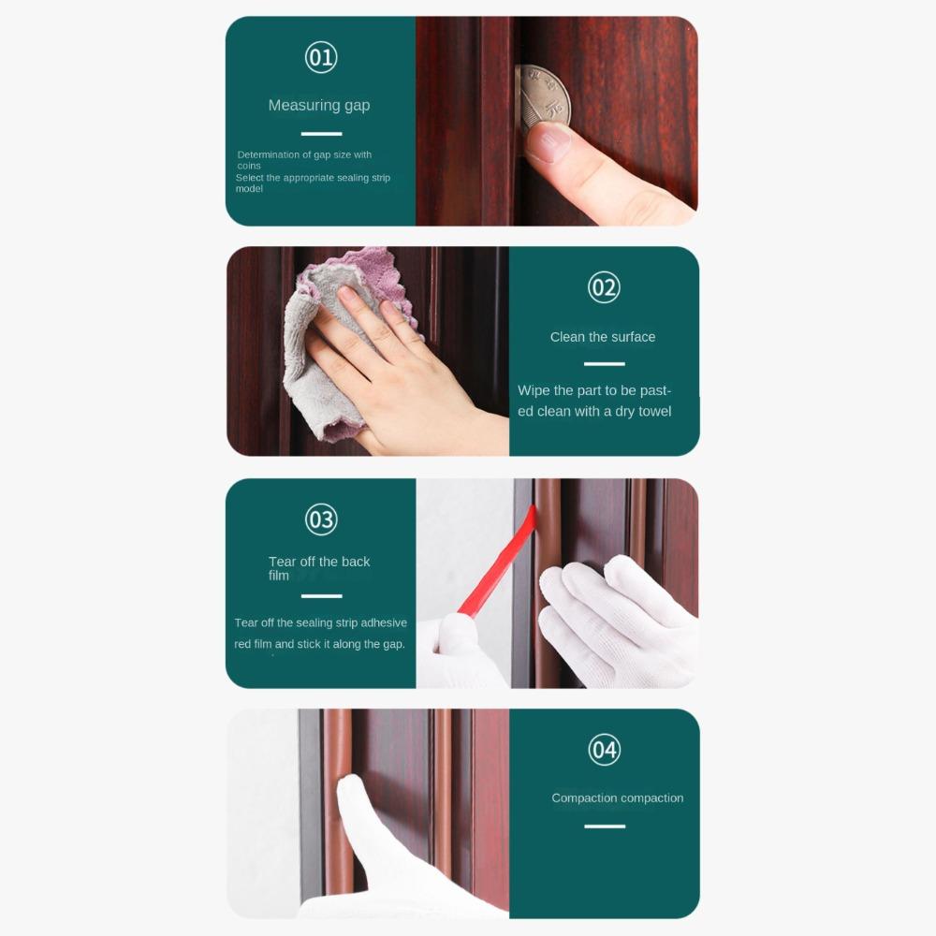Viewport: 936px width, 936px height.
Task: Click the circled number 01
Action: (x=320, y=58)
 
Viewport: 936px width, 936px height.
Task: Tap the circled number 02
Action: (x=604, y=287)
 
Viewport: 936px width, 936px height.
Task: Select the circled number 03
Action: (x=320, y=519)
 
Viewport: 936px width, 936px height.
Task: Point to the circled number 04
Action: (x=604, y=750)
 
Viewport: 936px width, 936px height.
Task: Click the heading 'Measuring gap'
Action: (x=319, y=106)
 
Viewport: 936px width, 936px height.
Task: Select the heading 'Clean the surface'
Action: (x=603, y=337)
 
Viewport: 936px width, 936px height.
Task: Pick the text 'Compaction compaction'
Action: (x=617, y=798)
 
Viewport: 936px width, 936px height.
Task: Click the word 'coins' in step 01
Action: (x=249, y=167)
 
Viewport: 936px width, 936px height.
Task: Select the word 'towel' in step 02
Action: (x=654, y=412)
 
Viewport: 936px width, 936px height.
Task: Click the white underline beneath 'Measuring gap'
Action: (x=321, y=134)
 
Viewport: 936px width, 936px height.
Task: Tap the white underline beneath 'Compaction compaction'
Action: (x=605, y=826)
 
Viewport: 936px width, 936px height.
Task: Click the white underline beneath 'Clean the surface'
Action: (x=604, y=364)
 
